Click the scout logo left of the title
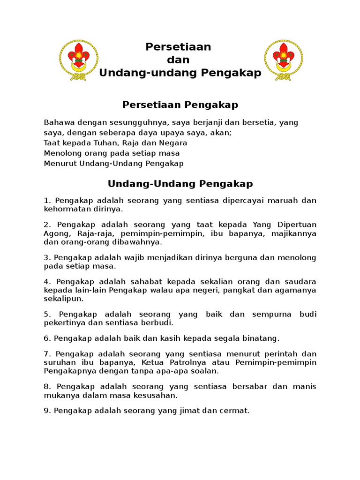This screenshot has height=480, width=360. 79,60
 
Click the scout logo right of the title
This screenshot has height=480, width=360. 283,60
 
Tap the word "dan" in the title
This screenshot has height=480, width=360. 178,60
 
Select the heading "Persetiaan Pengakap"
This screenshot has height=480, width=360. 180,105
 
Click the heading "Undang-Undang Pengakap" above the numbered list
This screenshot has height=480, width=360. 180,183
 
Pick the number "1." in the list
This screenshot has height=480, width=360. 47,201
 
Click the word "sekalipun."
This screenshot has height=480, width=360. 64,299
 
